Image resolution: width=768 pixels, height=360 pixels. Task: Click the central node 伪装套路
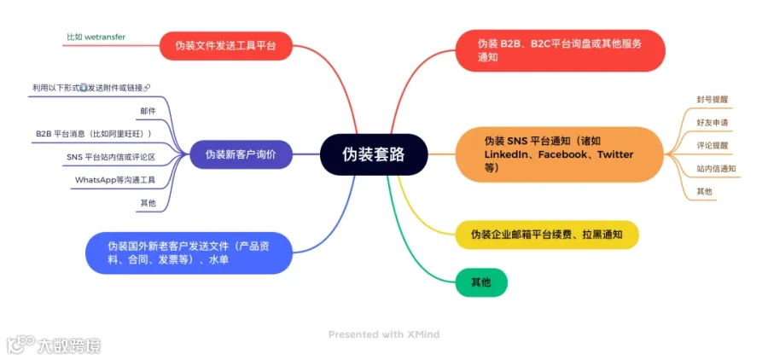tap(373, 154)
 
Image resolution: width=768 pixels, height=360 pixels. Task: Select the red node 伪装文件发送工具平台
tap(225, 45)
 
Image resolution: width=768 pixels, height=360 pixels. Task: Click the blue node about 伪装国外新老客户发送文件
tap(189, 253)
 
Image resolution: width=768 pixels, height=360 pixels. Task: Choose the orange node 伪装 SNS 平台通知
tap(560, 154)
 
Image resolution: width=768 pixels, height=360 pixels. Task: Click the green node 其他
tap(481, 282)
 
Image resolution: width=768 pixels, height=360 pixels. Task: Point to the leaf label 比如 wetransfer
tap(96, 38)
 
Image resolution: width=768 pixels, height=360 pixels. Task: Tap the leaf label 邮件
tap(148, 111)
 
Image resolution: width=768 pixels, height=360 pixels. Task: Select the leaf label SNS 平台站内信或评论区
tap(111, 157)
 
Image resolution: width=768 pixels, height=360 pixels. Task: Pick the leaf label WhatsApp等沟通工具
tap(115, 180)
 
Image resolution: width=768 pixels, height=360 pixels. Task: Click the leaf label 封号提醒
tap(712, 100)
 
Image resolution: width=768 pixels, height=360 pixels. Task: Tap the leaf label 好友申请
tap(712, 123)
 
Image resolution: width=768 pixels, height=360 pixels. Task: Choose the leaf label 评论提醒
tap(712, 146)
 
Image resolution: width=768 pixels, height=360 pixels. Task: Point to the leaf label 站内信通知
tap(716, 169)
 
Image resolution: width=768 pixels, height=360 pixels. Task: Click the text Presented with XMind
tap(384, 334)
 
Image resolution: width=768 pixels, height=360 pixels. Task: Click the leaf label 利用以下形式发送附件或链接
tap(90, 88)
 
